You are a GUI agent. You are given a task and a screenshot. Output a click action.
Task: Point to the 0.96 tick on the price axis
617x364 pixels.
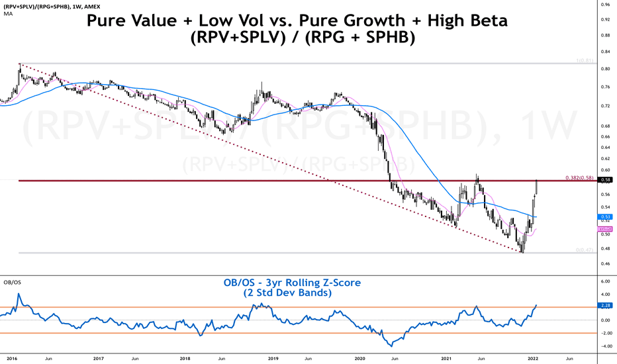tap(605, 4)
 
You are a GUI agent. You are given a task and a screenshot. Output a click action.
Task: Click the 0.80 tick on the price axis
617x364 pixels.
tap(605, 68)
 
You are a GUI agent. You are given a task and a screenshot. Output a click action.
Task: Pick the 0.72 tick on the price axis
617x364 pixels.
tap(605, 106)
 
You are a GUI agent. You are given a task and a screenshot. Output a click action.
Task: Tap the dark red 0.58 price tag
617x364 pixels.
tap(605, 179)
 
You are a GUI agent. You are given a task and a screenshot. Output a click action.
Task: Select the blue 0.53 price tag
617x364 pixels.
tap(605, 216)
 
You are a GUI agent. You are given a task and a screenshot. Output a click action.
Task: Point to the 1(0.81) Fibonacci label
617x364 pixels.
tap(583, 61)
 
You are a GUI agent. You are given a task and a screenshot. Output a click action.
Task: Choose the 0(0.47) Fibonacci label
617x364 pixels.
tap(583, 250)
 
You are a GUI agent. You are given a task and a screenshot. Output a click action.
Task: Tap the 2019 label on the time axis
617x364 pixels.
tap(273, 358)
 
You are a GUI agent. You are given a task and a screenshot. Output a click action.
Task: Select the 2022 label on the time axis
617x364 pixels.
tap(533, 358)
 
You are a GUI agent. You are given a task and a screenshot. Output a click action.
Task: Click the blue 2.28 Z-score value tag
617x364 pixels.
tap(605, 306)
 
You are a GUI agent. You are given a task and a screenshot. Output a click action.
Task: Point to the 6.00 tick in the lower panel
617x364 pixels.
tap(605, 281)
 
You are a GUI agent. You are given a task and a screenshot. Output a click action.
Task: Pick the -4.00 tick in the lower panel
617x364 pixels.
tap(605, 345)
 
